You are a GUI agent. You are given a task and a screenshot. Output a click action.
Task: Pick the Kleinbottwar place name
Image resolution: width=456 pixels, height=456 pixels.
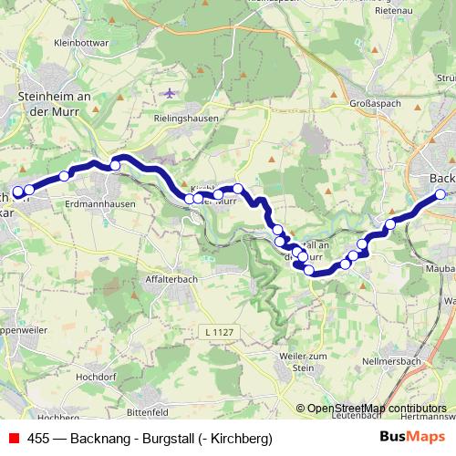tap(82, 42)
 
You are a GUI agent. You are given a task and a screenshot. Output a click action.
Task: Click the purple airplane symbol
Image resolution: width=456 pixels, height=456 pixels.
tap(169, 93)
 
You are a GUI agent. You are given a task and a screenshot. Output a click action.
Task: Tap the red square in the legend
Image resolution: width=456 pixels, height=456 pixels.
tap(13, 439)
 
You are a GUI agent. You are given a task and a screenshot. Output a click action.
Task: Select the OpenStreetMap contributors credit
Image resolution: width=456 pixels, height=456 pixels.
tap(375, 409)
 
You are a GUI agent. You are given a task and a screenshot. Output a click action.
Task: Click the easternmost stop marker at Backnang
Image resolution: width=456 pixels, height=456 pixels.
tap(440, 194)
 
